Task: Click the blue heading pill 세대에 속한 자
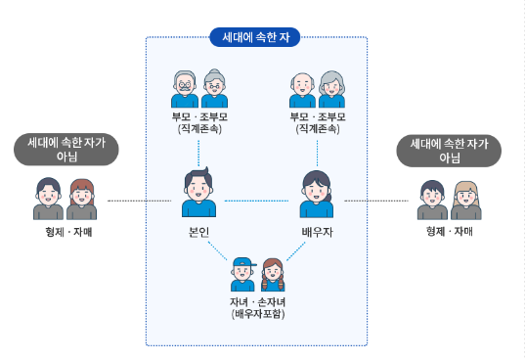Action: tap(255, 38)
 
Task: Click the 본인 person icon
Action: tap(198, 194)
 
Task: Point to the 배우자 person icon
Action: tap(317, 194)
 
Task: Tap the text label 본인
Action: tap(198, 232)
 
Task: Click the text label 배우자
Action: tap(317, 232)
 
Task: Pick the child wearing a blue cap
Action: tap(243, 275)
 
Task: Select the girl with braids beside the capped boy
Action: tap(271, 275)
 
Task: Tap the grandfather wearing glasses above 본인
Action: tap(185, 89)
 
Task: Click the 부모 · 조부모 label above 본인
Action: tap(198, 116)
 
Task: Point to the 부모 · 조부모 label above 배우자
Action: tap(317, 116)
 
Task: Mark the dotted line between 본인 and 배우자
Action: tap(257, 201)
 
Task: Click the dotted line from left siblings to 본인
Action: tap(137, 201)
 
